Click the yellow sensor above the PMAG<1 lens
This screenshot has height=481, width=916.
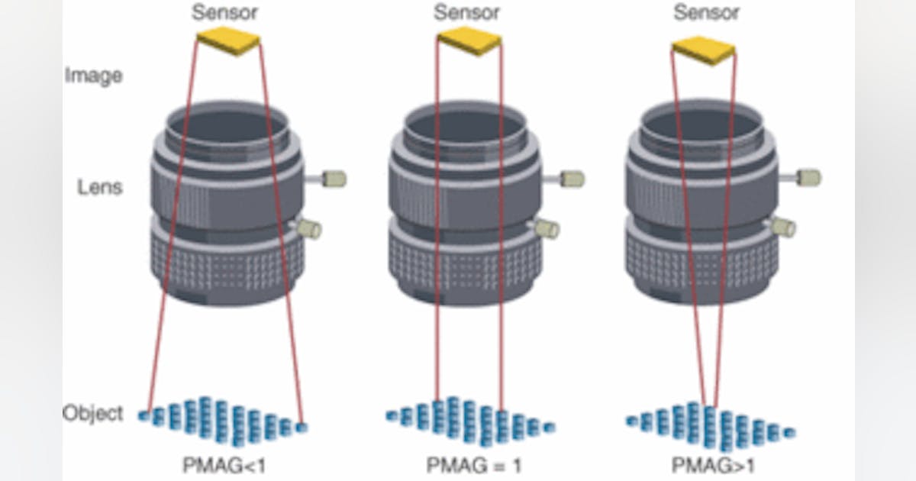[227, 41]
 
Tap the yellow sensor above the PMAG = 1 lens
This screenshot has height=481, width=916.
[469, 40]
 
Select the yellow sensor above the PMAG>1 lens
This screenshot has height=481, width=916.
[703, 50]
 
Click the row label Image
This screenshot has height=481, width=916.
[93, 76]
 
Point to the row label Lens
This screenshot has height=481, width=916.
[100, 187]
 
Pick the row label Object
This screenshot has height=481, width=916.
[92, 414]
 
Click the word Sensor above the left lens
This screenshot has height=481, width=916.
[224, 12]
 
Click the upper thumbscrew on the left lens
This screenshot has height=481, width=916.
[334, 179]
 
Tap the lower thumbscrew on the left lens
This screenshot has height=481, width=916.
[309, 228]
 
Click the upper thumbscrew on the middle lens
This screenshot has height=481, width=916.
[572, 179]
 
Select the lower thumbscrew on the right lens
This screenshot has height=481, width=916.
[783, 227]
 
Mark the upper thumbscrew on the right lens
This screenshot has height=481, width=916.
[808, 178]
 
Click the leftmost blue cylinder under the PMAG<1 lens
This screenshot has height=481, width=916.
[144, 415]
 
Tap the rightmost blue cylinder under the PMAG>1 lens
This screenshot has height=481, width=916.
[789, 432]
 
